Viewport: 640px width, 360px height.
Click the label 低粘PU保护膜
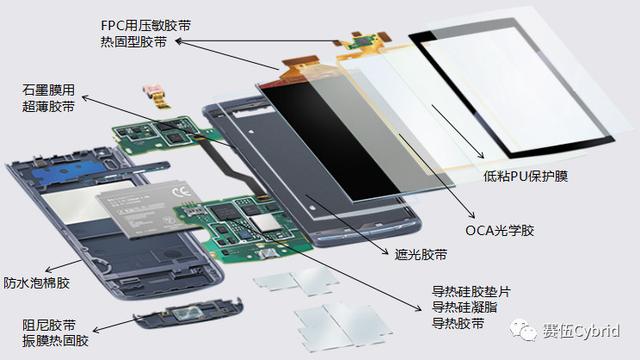click(525, 176)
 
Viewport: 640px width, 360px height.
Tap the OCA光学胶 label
click(500, 231)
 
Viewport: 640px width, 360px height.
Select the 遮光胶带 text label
click(421, 255)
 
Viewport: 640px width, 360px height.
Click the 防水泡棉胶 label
click(36, 283)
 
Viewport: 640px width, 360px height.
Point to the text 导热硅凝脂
click(464, 307)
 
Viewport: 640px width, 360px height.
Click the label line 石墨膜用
click(49, 90)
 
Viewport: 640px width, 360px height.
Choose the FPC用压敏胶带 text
click(146, 25)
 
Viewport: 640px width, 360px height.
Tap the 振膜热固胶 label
click(56, 340)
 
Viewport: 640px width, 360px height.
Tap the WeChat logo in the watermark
click(523, 330)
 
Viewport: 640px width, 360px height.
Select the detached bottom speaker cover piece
click(189, 313)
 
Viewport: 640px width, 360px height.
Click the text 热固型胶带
click(133, 42)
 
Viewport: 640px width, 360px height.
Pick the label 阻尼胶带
click(49, 325)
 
